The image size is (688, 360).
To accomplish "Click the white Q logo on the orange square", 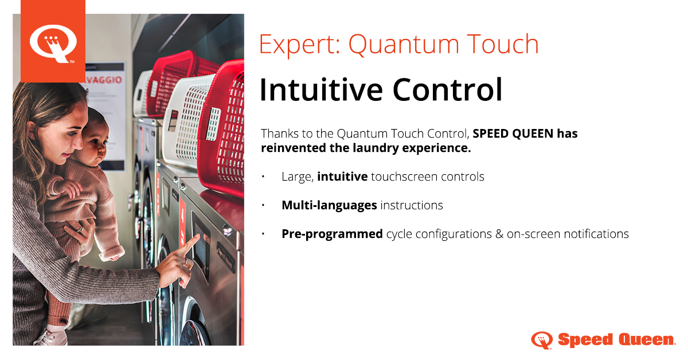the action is pyautogui.click(x=53, y=44).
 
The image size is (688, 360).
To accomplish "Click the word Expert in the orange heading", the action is pyautogui.click(x=297, y=45).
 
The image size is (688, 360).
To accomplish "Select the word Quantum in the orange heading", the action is pyautogui.click(x=404, y=45).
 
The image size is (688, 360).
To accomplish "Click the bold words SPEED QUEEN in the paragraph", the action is pyautogui.click(x=513, y=134).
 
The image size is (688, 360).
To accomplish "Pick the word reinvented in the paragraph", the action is pyautogui.click(x=294, y=148).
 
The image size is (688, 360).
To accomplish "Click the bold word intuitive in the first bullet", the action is pyautogui.click(x=342, y=177).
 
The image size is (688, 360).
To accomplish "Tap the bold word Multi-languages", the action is pyautogui.click(x=329, y=205).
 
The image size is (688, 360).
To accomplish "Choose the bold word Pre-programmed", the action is pyautogui.click(x=332, y=234).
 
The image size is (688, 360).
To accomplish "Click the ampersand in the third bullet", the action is pyautogui.click(x=499, y=234).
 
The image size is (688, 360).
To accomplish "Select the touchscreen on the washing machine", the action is pyautogui.click(x=201, y=242).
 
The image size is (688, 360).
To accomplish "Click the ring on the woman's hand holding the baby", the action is pyautogui.click(x=80, y=229).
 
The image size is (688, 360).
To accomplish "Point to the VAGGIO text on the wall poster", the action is pyautogui.click(x=104, y=80).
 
